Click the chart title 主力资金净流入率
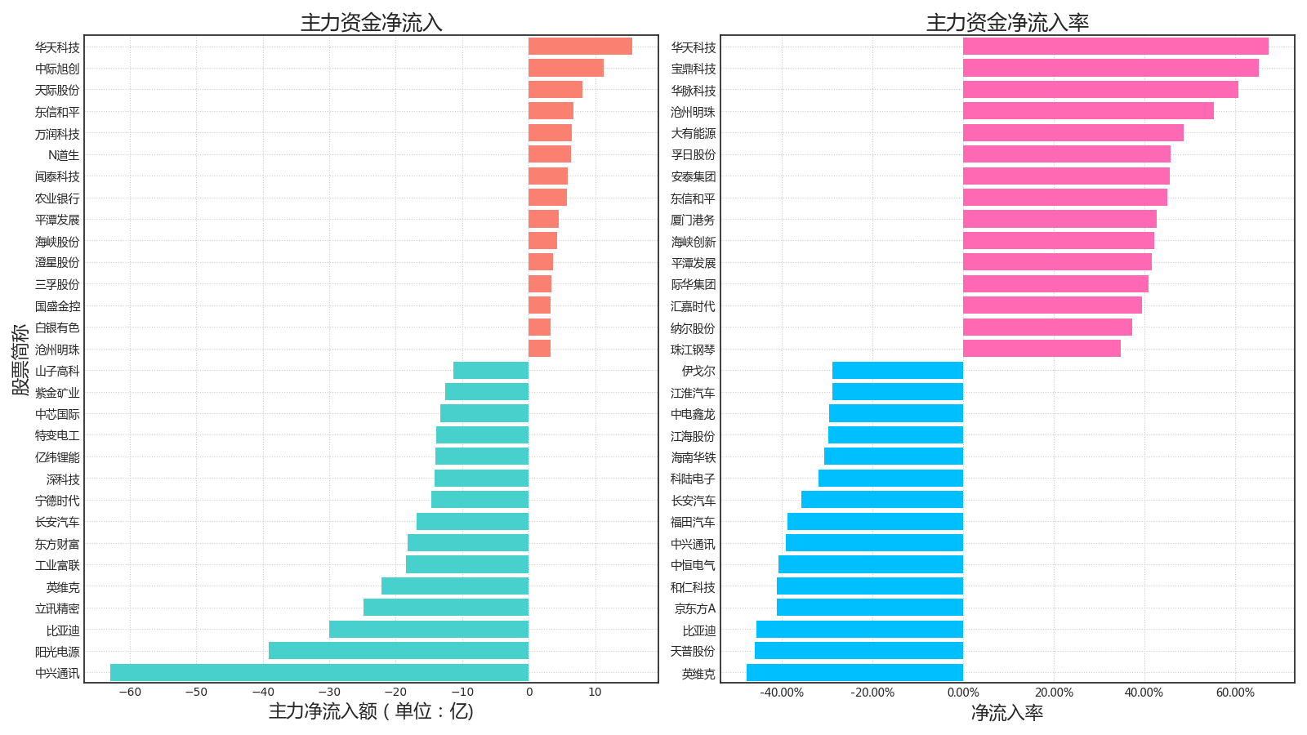(x=1007, y=23)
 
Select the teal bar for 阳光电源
(x=399, y=651)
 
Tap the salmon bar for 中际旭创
(x=565, y=69)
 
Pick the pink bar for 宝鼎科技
(x=1110, y=69)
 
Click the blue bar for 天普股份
(x=859, y=651)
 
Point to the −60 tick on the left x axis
(x=129, y=693)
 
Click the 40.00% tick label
(x=1144, y=693)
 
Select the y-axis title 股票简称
(x=20, y=359)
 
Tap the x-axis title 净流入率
(x=1007, y=713)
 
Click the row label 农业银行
(x=57, y=198)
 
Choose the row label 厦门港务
(x=693, y=220)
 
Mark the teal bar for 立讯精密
(x=446, y=608)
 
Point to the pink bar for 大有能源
(x=1073, y=133)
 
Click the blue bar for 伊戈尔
(x=898, y=371)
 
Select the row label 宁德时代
(x=57, y=501)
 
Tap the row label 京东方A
(x=694, y=608)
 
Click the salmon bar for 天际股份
(x=555, y=90)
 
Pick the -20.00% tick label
(x=872, y=693)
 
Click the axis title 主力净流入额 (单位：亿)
(x=371, y=711)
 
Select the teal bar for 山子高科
(x=491, y=371)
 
